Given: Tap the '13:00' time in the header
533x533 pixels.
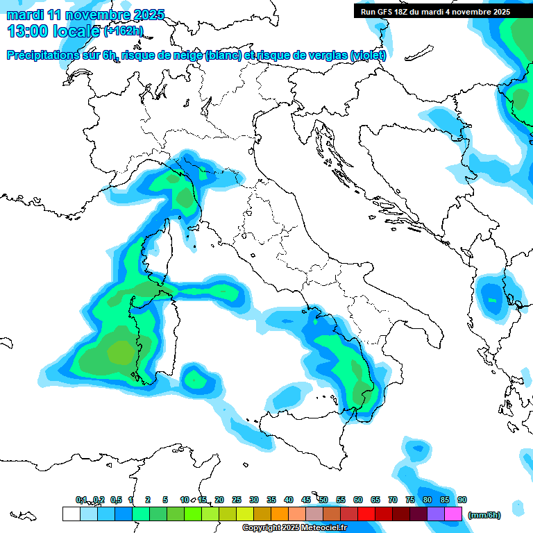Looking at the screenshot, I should pyautogui.click(x=24, y=31).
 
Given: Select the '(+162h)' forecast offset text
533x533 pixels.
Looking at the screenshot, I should pyautogui.click(x=124, y=31).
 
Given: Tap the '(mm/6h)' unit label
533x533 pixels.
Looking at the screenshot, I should pyautogui.click(x=484, y=515).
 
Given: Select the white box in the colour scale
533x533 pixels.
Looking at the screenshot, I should pyautogui.click(x=71, y=514).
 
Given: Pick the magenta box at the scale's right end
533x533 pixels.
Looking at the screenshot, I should pyautogui.click(x=453, y=514).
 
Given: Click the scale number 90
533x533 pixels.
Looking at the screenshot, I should pyautogui.click(x=462, y=500).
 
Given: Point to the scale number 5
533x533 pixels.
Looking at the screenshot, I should pyautogui.click(x=165, y=500).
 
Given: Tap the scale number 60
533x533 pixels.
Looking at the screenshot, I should pyautogui.click(x=358, y=500).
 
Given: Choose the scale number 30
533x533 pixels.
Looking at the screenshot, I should pyautogui.click(x=254, y=500).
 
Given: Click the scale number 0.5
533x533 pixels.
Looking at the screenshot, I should pyautogui.click(x=116, y=500).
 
